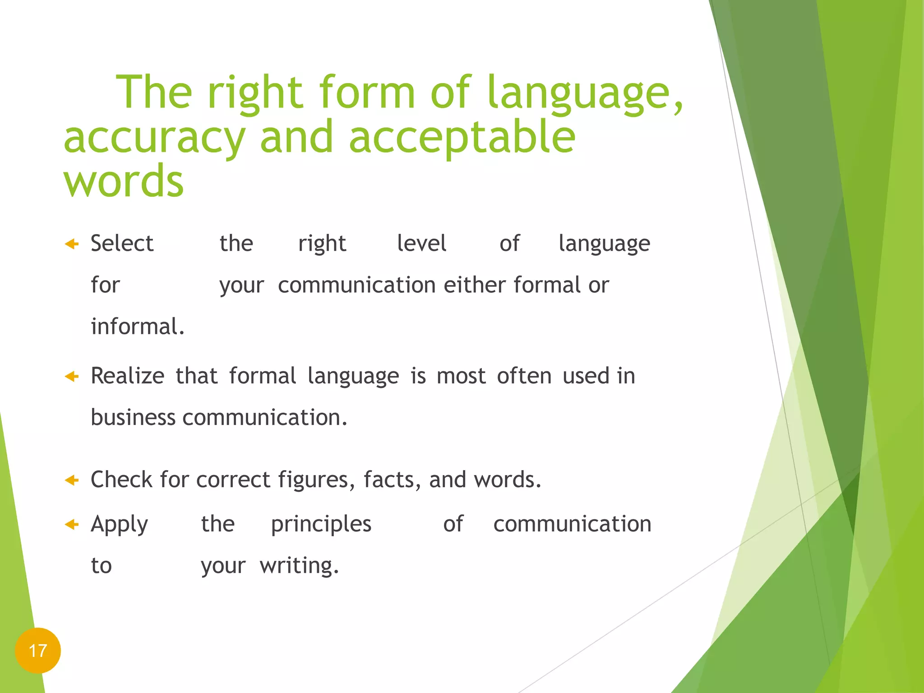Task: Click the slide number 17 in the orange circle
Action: coord(38,651)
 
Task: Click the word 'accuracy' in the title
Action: coord(154,138)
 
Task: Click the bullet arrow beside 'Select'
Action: coord(72,244)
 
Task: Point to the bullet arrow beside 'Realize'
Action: coord(72,376)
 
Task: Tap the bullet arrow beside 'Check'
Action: coord(72,480)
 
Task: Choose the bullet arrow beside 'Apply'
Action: coord(72,524)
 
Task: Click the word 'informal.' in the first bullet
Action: coord(138,326)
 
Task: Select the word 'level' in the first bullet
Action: coord(421,243)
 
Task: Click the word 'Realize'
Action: coord(128,376)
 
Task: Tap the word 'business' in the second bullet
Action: coord(133,417)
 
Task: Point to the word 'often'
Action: coord(524,376)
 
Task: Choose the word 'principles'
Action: coord(321,524)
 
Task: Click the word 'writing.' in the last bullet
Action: coord(299,566)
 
